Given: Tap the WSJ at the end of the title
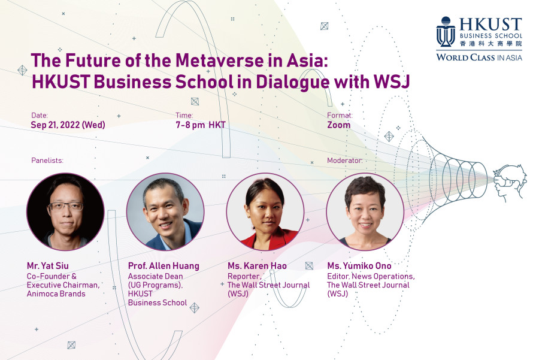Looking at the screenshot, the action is (392, 81).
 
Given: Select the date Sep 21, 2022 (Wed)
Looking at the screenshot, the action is (68, 125).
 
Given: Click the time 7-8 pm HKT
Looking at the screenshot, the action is (201, 125).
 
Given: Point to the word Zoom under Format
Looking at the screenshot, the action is (338, 125).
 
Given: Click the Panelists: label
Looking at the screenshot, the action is (47, 161).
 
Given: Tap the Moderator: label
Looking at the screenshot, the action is (344, 161).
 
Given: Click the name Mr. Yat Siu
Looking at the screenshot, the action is (48, 266).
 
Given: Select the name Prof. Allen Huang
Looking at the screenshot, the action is (163, 266).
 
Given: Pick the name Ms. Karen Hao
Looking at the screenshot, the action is (257, 266).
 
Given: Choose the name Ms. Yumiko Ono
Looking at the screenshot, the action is (359, 266).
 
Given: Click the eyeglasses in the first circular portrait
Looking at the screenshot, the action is (66, 206).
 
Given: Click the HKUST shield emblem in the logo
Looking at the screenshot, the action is (446, 32).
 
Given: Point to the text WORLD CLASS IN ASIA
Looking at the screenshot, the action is (479, 58).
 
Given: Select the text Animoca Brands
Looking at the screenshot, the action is (56, 294).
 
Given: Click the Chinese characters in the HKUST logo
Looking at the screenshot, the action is (491, 43).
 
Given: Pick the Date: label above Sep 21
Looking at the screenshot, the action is (40, 116).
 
